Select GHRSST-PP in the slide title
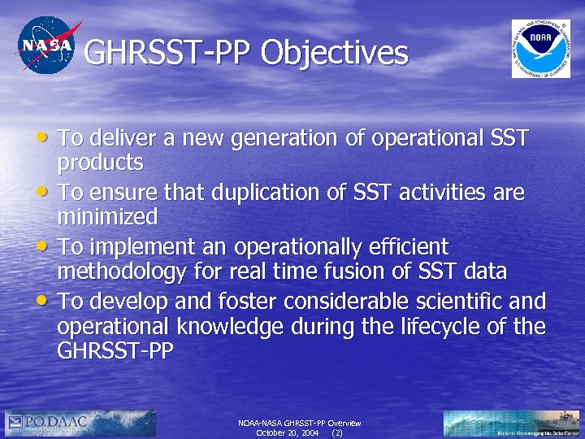tap(168, 54)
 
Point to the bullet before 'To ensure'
tap(47, 193)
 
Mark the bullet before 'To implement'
tap(47, 246)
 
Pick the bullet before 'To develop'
tap(47, 301)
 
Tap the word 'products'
tap(100, 163)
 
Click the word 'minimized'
tap(106, 217)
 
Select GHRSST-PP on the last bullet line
tap(115, 352)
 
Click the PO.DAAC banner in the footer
tap(80, 424)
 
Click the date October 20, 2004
tap(287, 433)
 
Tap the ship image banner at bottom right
tap(512, 424)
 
